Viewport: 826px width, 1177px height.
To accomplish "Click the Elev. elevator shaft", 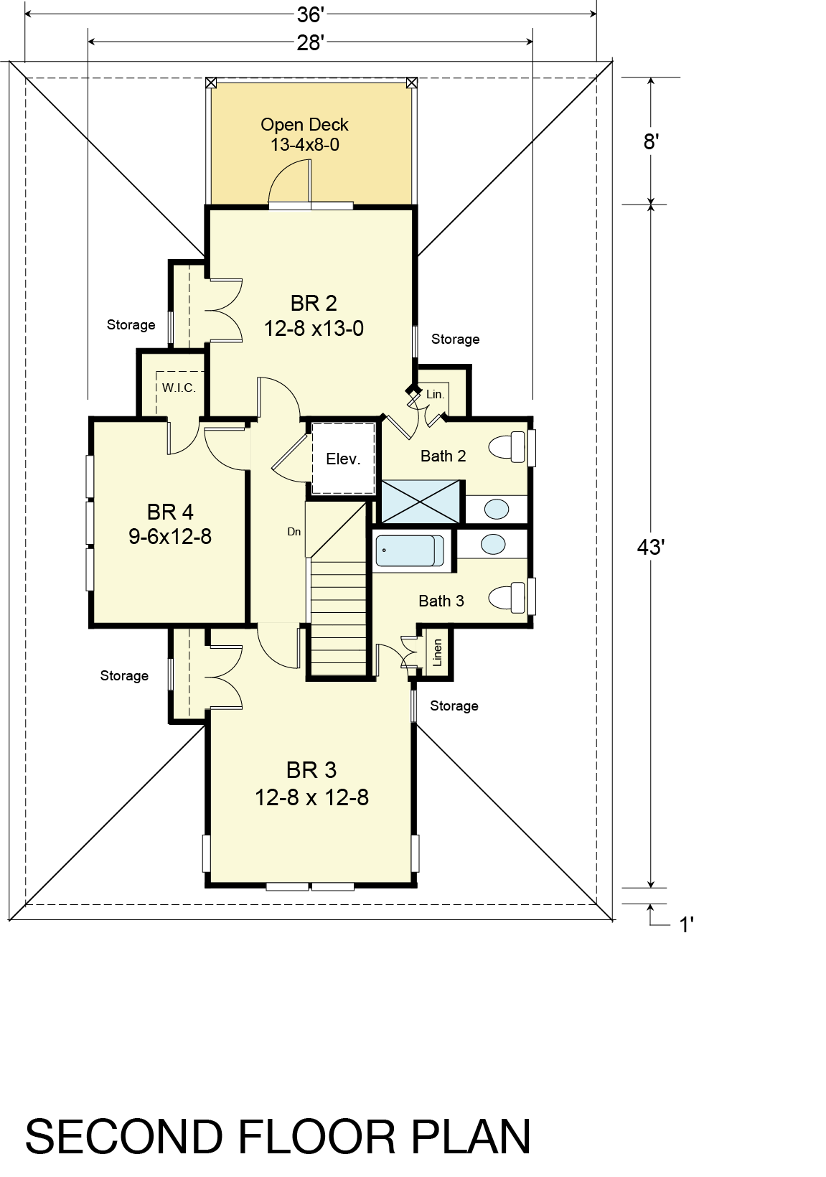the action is (344, 459).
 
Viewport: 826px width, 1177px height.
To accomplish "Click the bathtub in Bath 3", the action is (410, 550).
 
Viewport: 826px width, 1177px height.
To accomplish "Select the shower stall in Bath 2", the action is (421, 501).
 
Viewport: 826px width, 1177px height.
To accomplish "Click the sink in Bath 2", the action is (497, 509).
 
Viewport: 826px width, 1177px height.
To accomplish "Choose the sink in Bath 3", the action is (493, 544).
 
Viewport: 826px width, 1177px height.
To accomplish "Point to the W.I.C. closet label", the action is (179, 388).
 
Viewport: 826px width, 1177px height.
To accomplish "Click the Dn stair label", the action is (294, 532).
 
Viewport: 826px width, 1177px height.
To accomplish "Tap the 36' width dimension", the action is (310, 14).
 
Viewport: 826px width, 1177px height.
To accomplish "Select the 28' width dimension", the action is (310, 42).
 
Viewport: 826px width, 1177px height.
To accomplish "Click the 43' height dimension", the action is (651, 548).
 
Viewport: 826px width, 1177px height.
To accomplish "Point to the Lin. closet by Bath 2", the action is (435, 394).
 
